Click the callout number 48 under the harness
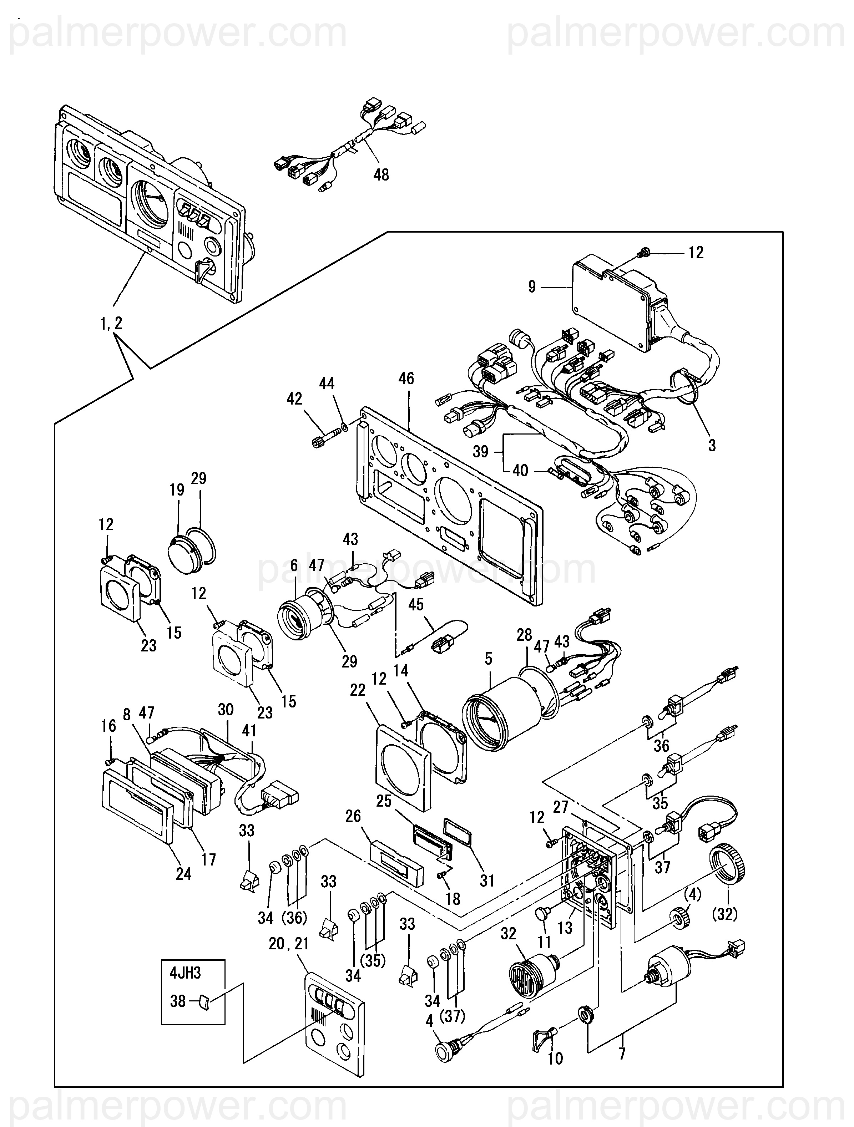point(381,175)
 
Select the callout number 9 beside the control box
point(531,287)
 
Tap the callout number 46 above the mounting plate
point(406,378)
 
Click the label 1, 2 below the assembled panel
point(111,323)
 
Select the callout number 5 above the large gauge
point(488,659)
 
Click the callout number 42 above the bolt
point(294,398)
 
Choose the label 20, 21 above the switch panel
point(289,944)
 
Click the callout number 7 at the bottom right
point(622,1054)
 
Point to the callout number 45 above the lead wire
point(416,604)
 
